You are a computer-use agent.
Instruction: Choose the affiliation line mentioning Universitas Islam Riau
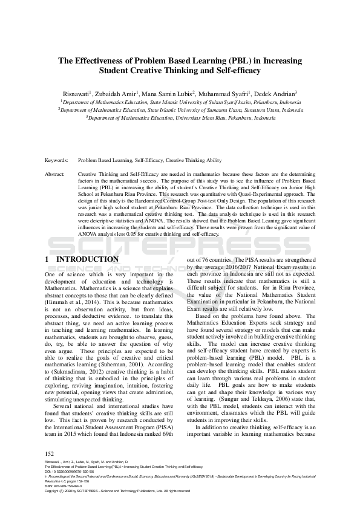pyautogui.click(x=180, y=118)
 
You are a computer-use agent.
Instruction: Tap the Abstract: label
pyautogui.click(x=55, y=173)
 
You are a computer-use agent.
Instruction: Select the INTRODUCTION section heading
pyautogui.click(x=87, y=259)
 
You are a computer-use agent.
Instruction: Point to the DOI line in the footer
pyautogui.click(x=73, y=472)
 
